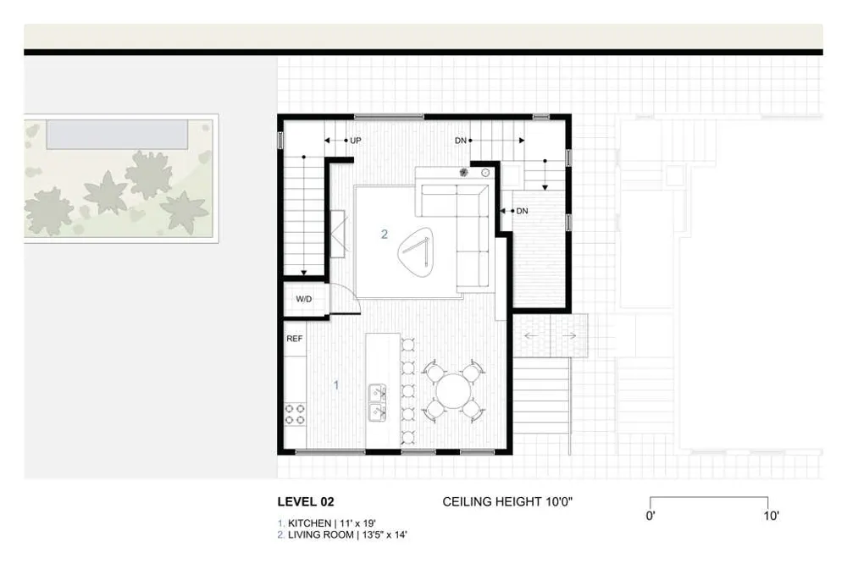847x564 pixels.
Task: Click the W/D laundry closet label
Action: click(303, 299)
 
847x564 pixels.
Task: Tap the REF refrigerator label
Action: click(295, 339)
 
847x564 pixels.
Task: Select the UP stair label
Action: click(356, 141)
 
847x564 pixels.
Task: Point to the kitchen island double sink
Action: click(378, 402)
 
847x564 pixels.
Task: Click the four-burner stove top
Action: click(295, 414)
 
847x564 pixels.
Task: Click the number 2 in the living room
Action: click(384, 234)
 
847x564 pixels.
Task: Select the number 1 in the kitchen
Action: click(336, 384)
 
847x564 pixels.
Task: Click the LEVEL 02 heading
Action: click(306, 502)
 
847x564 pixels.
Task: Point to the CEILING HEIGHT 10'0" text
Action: click(507, 502)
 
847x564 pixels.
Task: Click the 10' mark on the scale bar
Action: click(771, 516)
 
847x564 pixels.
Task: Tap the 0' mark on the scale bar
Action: click(650, 516)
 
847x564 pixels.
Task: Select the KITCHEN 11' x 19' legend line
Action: click(327, 523)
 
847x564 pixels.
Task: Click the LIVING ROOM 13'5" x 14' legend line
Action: click(342, 535)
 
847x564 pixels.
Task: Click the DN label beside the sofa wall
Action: click(522, 211)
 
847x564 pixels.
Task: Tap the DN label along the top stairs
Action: click(461, 141)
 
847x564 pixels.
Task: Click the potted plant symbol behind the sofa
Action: click(464, 173)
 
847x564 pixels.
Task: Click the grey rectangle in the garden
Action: click(117, 135)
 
